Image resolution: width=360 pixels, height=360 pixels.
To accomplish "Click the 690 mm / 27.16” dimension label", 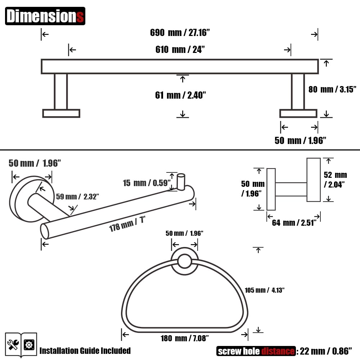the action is point(180,33).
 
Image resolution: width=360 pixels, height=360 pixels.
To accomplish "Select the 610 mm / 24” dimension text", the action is point(180,49).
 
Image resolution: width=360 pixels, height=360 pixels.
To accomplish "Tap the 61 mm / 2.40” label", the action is point(180,95).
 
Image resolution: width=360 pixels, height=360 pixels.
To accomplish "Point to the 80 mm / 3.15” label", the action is point(332,89).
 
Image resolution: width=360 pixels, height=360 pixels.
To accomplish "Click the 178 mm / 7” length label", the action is point(127,224).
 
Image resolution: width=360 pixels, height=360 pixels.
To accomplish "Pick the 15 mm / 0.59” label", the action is point(147,183).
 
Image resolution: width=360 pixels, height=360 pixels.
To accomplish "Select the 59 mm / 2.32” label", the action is point(77,197).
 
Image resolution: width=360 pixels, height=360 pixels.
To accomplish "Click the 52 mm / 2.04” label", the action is point(335,180).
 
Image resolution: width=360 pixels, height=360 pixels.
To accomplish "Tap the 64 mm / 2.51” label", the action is point(294,222).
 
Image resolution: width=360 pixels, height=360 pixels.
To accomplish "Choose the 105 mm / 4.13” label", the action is point(265,290).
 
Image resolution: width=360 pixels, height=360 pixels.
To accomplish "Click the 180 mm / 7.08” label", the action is point(184,338).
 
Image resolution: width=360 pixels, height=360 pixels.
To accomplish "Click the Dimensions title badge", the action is point(45,16).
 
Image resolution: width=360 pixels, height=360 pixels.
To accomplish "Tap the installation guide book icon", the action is point(21,345).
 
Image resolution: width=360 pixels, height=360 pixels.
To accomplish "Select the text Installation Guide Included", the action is point(85,351).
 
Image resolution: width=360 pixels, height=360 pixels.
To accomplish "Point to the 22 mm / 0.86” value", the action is point(326,351).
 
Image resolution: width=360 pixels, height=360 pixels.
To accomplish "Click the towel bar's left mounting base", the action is point(61,113).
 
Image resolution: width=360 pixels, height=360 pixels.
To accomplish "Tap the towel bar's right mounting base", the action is point(298,113).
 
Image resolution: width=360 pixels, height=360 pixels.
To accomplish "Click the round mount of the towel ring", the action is point(185,261).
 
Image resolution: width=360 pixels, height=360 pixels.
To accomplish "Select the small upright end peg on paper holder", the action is point(181,182).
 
